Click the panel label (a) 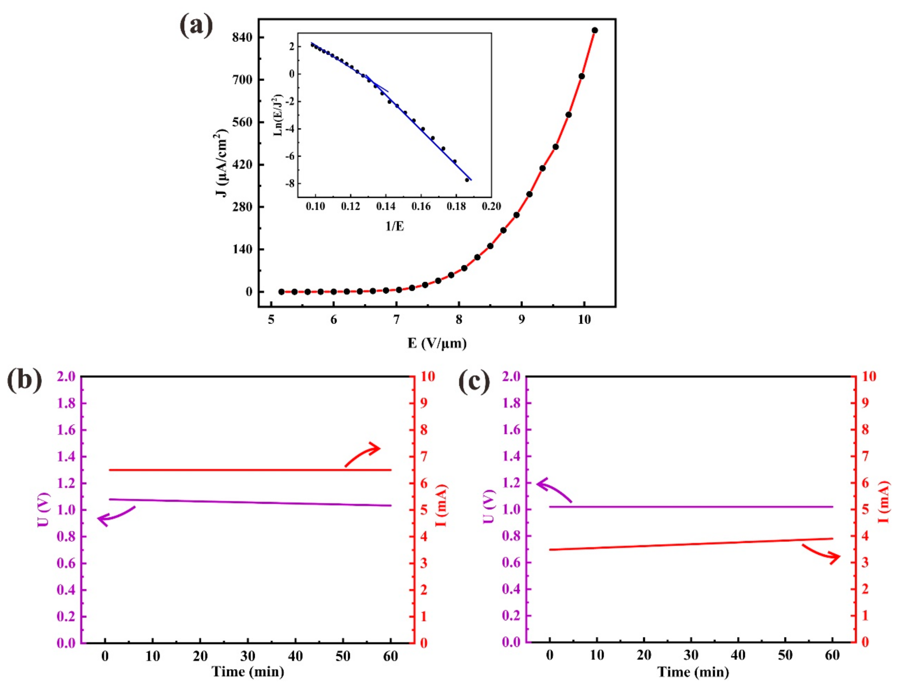(196, 25)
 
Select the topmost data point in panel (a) (595, 30)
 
